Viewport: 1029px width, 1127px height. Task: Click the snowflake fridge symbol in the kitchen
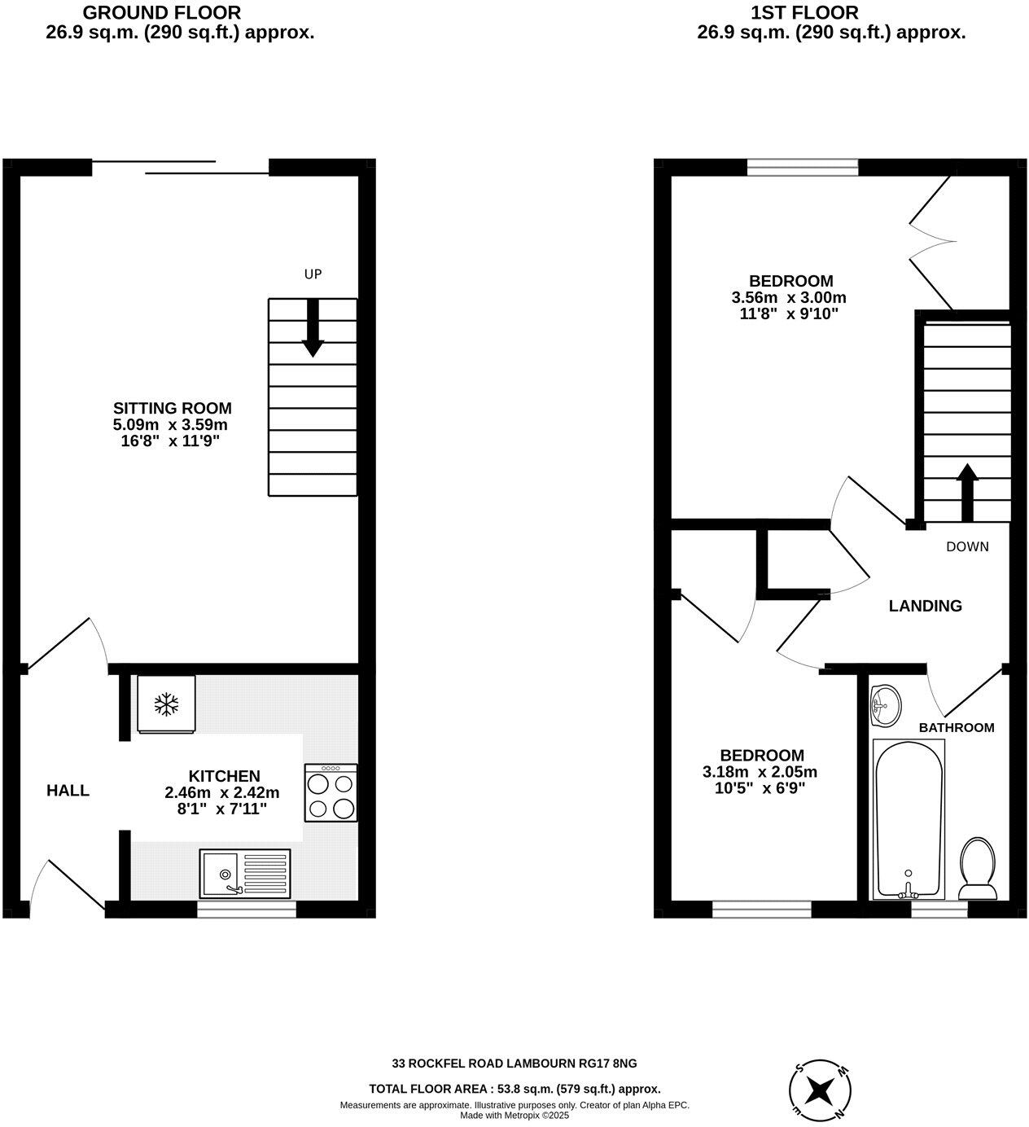167,704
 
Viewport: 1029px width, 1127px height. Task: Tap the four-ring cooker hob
331,792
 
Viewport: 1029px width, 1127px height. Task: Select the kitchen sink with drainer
244,873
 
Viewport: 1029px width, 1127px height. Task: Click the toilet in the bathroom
978,869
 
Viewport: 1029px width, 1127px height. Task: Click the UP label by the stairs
313,274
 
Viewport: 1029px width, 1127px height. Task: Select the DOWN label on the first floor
967,546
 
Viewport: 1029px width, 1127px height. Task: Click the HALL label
68,790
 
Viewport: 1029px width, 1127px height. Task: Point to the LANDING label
925,606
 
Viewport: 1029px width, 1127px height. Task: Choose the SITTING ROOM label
172,409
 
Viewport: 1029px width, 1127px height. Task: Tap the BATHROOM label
957,727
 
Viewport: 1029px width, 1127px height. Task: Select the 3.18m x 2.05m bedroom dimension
760,772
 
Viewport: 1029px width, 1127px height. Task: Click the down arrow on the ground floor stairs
313,328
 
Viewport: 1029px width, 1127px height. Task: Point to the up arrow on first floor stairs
967,492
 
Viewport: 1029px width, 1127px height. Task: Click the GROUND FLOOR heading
162,13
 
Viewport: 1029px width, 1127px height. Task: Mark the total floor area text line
514,1089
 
